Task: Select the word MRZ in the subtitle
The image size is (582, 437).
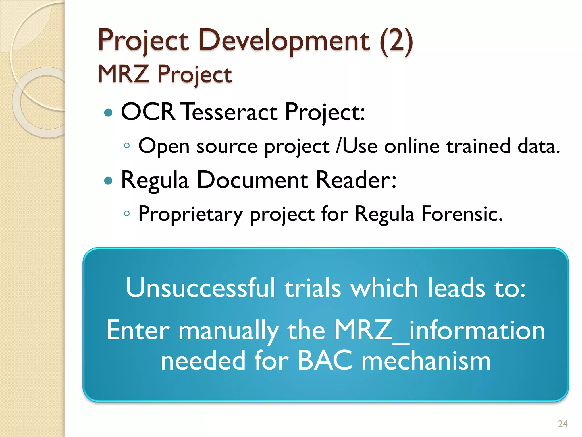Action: click(123, 74)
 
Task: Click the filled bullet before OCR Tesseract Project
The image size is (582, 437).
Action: click(108, 113)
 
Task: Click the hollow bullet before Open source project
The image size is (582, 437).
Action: click(127, 146)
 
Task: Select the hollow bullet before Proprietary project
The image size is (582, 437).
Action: click(127, 213)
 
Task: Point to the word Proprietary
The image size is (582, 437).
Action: click(190, 214)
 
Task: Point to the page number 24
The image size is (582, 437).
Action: click(563, 424)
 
